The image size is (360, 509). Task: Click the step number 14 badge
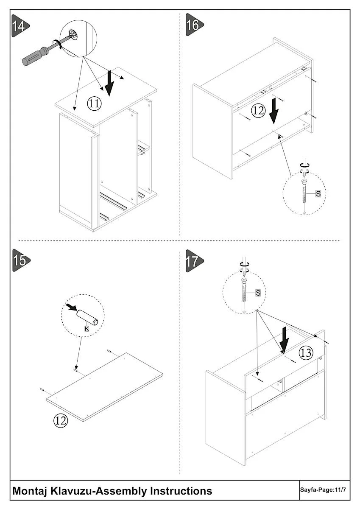coord(20,25)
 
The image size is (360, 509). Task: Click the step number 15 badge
coord(20,260)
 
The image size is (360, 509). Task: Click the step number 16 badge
coord(193,25)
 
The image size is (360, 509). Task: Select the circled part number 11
coord(94,103)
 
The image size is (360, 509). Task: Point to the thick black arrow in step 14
coord(110,83)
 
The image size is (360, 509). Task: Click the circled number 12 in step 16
coord(258,111)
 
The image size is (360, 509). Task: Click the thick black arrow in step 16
coord(274,110)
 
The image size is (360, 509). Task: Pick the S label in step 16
coord(318,193)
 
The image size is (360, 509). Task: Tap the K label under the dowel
coord(87,328)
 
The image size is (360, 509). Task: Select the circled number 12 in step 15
coord(60,420)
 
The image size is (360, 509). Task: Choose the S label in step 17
coord(258,293)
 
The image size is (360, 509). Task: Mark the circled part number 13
coord(306,353)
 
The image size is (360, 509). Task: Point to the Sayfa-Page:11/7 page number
coord(324,489)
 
